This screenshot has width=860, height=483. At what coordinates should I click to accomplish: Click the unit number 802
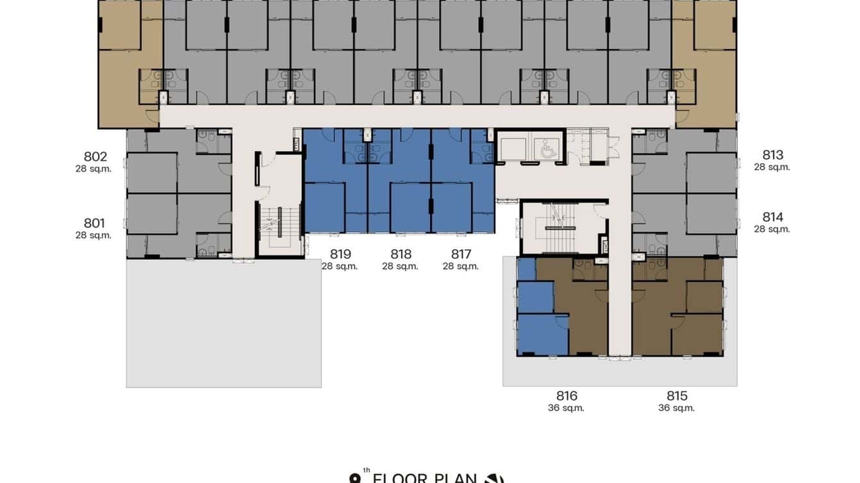click(95, 157)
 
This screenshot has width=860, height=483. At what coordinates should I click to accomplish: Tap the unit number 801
click(94, 224)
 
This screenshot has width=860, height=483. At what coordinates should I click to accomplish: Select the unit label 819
click(340, 254)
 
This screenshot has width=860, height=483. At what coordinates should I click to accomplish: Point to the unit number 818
click(401, 254)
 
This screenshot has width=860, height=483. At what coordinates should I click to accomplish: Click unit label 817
click(461, 254)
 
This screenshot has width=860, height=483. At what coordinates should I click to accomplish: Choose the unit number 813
click(773, 155)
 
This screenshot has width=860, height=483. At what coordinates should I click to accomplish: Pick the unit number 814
click(773, 217)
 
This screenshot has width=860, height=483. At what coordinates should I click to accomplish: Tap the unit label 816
click(566, 396)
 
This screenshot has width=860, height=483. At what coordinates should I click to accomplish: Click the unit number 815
click(677, 396)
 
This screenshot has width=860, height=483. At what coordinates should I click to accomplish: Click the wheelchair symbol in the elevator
click(549, 150)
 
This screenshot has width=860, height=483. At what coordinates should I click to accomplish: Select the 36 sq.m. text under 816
click(566, 408)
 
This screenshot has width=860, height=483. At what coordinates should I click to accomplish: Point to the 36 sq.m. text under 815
click(677, 408)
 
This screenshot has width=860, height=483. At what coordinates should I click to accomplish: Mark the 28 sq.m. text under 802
click(94, 169)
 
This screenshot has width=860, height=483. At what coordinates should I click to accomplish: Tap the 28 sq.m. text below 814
click(772, 229)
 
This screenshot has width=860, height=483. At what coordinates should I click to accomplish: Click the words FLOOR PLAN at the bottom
click(425, 478)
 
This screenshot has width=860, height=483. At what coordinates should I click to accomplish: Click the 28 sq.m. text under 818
click(400, 266)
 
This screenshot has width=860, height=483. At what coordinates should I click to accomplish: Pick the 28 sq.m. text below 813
click(772, 167)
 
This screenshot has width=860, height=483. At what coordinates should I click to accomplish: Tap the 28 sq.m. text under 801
click(94, 236)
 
